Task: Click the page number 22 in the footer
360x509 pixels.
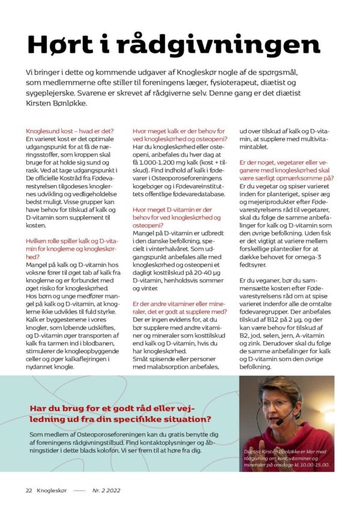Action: (28, 490)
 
